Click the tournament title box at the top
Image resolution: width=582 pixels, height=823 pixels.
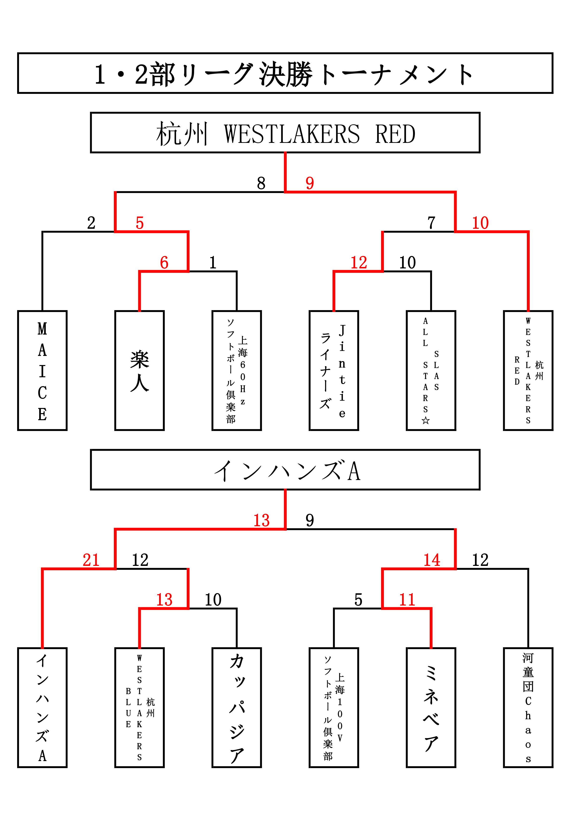click(x=285, y=73)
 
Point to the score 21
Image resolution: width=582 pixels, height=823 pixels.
click(x=91, y=560)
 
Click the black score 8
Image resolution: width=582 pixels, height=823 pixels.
click(x=261, y=183)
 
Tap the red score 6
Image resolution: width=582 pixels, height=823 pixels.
click(x=164, y=263)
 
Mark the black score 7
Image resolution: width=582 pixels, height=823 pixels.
click(x=431, y=223)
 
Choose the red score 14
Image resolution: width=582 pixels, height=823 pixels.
click(x=432, y=560)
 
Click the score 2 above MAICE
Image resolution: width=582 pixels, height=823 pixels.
click(x=91, y=223)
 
